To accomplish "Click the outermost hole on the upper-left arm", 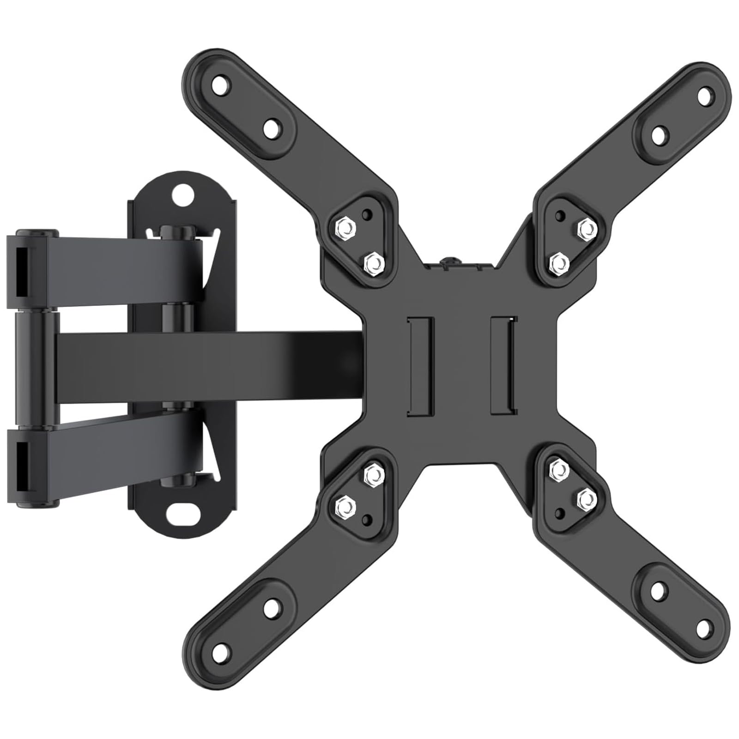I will click(221, 84).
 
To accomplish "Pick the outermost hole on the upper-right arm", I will click(704, 96).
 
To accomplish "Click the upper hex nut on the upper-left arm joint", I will click(344, 227).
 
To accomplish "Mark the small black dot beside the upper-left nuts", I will click(367, 214).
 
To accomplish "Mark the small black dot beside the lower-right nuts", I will click(560, 513).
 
